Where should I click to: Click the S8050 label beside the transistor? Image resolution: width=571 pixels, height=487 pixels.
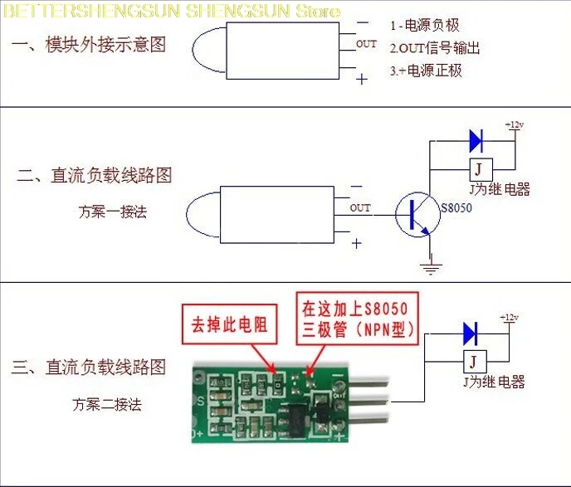pos(456,207)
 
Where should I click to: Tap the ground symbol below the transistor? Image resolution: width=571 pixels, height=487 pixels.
pos(430,268)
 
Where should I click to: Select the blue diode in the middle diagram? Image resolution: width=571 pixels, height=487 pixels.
pos(476,139)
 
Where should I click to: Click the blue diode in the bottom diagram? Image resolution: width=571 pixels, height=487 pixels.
pos(471,334)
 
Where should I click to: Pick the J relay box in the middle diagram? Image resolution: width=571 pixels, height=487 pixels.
pos(479,169)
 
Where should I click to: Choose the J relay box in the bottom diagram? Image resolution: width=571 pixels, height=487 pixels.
pos(472,363)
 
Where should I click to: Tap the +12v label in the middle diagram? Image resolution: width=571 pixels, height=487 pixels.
pos(514,124)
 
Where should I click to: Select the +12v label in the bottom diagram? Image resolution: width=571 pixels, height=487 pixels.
pos(508,318)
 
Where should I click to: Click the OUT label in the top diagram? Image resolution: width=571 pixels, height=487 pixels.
pos(366,44)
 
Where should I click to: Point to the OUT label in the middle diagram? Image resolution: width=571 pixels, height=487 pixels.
pos(360,208)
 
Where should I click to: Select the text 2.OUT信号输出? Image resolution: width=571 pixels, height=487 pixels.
pos(435,48)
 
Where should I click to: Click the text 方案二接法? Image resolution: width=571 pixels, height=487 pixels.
pos(107,405)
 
